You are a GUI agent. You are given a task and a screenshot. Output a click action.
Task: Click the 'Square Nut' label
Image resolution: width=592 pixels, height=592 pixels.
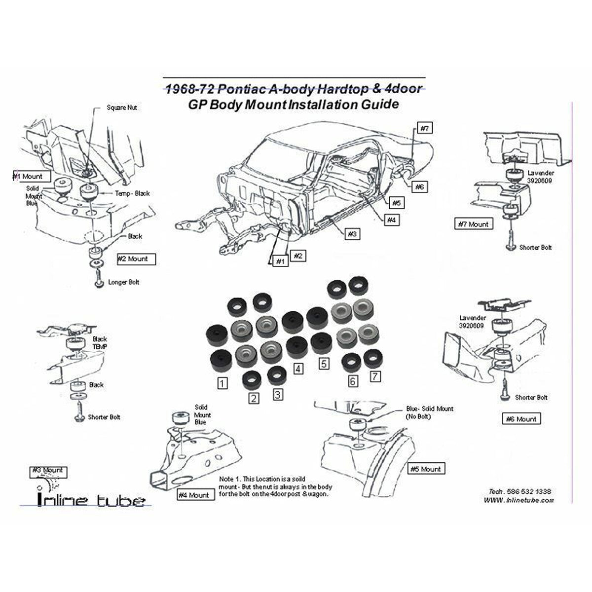click(122, 108)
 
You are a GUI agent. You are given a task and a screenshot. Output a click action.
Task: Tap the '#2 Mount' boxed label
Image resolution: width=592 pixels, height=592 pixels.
click(135, 259)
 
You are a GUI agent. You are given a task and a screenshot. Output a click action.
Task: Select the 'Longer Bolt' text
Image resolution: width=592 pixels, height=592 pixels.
click(123, 282)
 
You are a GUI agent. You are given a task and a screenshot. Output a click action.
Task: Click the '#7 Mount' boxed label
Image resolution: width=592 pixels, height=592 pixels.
click(474, 224)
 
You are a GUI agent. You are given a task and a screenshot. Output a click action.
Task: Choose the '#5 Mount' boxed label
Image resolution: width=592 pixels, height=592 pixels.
click(425, 469)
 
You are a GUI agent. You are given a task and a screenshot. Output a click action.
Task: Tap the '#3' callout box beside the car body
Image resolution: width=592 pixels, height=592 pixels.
click(351, 234)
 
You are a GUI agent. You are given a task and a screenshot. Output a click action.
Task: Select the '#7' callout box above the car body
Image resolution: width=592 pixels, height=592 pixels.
click(424, 128)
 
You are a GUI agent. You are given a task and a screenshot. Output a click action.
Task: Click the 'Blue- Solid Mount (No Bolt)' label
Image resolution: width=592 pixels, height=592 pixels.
click(430, 412)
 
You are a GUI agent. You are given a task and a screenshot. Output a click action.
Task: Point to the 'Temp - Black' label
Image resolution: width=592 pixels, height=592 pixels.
click(132, 193)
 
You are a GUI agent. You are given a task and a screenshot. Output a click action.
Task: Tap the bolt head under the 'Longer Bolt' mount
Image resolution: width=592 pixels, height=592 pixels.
click(99, 283)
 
